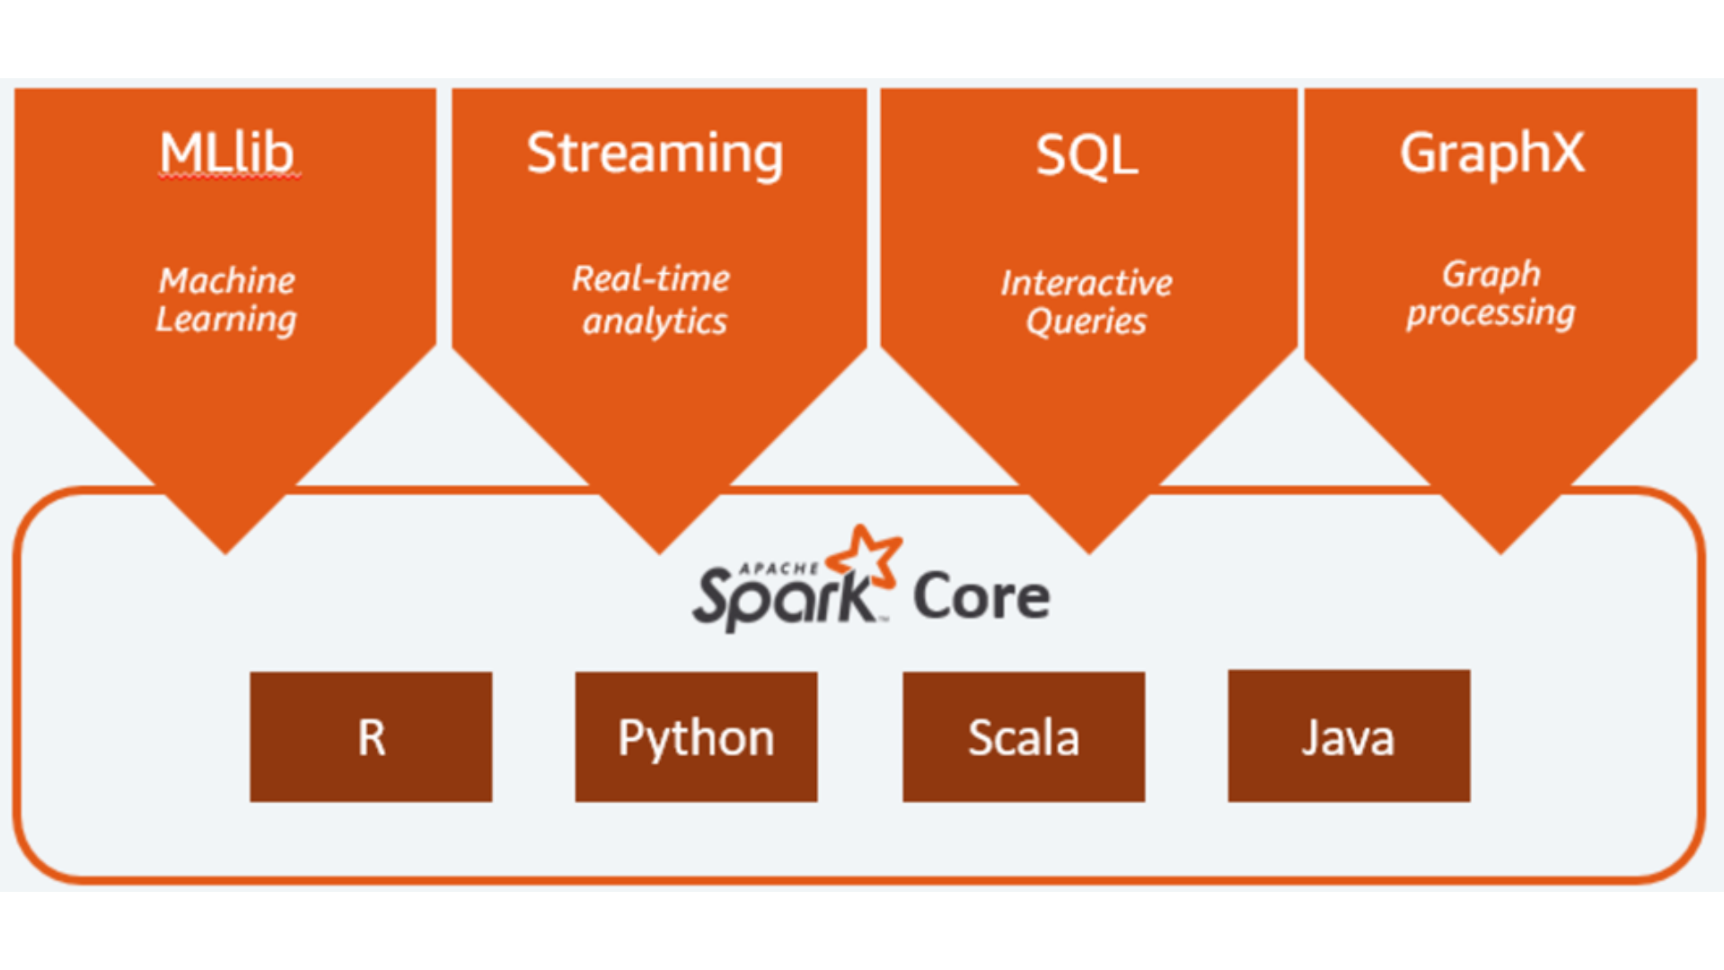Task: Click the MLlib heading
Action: click(x=226, y=154)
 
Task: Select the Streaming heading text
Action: click(x=655, y=154)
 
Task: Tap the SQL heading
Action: click(x=1086, y=155)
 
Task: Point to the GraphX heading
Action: click(x=1492, y=153)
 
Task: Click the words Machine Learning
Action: click(x=226, y=300)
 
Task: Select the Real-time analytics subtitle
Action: click(x=653, y=300)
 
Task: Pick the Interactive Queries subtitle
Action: click(x=1086, y=302)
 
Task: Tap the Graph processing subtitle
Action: click(x=1491, y=294)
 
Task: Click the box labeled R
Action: click(x=371, y=736)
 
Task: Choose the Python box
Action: click(x=696, y=736)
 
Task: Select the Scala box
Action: click(x=1024, y=736)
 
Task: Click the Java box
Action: click(x=1349, y=736)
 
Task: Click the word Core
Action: click(x=981, y=596)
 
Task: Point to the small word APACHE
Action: click(x=778, y=569)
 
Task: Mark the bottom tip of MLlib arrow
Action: click(x=225, y=549)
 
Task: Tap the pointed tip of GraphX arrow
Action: click(x=1500, y=549)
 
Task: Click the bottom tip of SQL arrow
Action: click(x=1089, y=549)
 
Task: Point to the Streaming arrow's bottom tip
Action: click(x=659, y=549)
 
